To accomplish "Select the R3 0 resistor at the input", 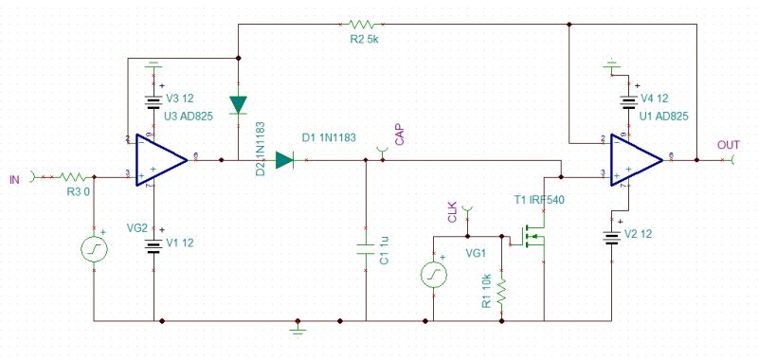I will pyautogui.click(x=72, y=175).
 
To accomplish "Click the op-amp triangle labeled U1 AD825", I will pyautogui.click(x=636, y=158).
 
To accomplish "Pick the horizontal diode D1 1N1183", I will pyautogui.click(x=285, y=160).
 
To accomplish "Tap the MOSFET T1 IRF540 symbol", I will pyautogui.click(x=532, y=237).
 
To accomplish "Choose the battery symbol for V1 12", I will pyautogui.click(x=153, y=245).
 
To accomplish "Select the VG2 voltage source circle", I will pyautogui.click(x=96, y=250).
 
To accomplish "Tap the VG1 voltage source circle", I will pyautogui.click(x=434, y=275).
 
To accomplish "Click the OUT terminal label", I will pyautogui.click(x=729, y=145).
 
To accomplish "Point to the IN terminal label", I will pyautogui.click(x=13, y=177).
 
